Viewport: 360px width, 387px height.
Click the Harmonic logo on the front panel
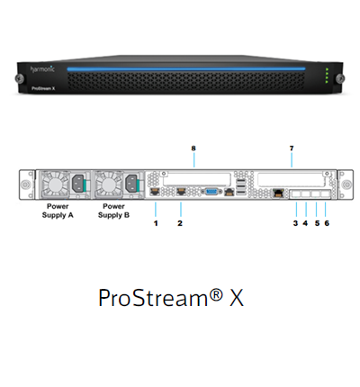(x=42, y=69)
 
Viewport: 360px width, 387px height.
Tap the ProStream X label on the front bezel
(x=43, y=88)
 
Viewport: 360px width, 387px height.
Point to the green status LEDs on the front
(x=327, y=76)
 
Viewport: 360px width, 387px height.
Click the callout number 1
(x=156, y=223)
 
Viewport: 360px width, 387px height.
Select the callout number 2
(x=180, y=223)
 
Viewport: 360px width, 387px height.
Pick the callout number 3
(x=295, y=223)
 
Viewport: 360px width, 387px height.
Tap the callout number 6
(x=327, y=223)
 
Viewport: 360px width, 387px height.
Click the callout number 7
(x=292, y=148)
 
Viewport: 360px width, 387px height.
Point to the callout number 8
(x=193, y=148)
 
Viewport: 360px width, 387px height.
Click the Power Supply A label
(x=58, y=211)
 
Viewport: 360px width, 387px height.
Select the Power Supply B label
(x=113, y=211)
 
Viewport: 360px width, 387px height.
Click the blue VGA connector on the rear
(x=211, y=191)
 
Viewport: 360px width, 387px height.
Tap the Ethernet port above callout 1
(x=155, y=192)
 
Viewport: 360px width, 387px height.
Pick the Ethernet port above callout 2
(x=181, y=192)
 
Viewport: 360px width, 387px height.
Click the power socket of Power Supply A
(x=79, y=183)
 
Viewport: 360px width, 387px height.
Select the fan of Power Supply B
(x=108, y=184)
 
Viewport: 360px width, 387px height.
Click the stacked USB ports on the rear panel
(x=241, y=187)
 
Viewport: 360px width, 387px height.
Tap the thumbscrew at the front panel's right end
(x=340, y=78)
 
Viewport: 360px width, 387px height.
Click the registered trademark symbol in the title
(x=216, y=294)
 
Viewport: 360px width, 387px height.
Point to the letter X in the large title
(x=237, y=298)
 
